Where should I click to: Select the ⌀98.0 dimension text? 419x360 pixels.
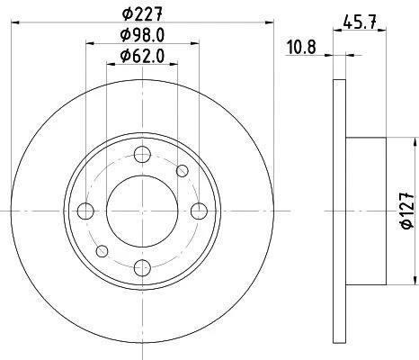tap(142, 37)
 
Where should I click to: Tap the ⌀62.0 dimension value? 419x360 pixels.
tap(142, 57)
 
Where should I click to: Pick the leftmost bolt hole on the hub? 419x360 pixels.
tap(86, 211)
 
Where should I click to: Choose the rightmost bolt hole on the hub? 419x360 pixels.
tap(198, 211)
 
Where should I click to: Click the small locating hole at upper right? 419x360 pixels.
tap(183, 171)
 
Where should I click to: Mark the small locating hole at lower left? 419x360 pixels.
tap(103, 250)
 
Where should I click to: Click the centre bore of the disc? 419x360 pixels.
tap(142, 211)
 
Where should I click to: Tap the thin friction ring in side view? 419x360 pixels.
tap(338, 211)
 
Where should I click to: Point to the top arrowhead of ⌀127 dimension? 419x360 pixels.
tap(415, 142)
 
